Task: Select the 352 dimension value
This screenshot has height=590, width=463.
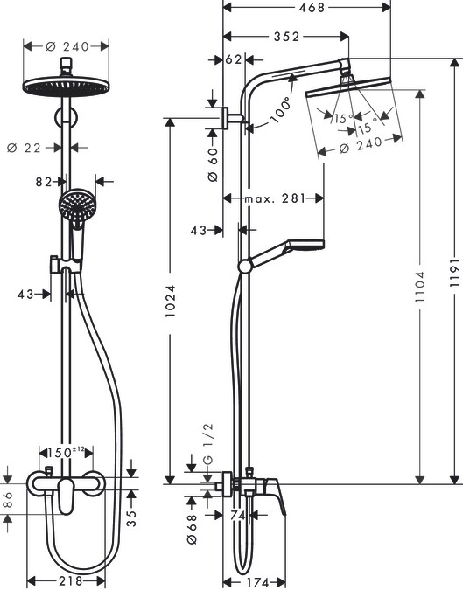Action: point(285,37)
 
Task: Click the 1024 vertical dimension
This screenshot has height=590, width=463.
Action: point(172,301)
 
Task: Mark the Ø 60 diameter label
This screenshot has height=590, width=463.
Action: point(212,163)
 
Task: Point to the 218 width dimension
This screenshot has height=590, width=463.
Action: point(66,580)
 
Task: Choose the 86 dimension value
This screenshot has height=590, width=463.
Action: point(8,502)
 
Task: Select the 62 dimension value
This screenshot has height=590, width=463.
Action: point(233,60)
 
